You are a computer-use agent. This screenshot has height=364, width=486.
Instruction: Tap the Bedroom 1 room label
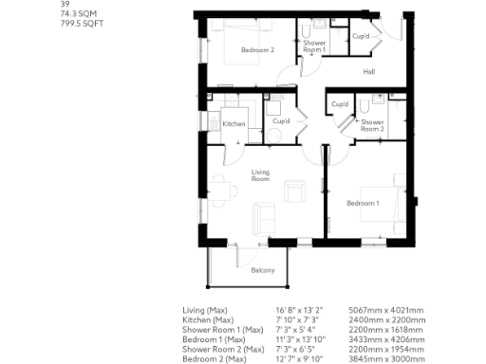pos(363,204)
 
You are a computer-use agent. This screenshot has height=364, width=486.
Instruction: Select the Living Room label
pos(262,174)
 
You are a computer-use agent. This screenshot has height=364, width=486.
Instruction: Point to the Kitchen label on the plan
pos(234,124)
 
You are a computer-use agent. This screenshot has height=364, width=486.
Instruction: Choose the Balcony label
pos(263,270)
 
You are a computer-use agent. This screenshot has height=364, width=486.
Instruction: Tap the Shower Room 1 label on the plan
pos(314,45)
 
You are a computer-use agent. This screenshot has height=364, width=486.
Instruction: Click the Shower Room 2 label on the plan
pos(371,125)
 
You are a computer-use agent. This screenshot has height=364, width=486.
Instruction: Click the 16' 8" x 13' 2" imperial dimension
pos(300,310)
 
